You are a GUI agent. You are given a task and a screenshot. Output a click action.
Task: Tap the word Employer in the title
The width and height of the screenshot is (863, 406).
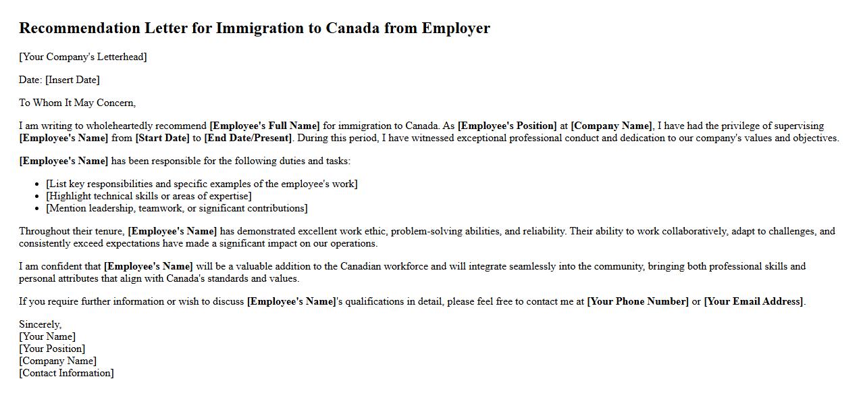pos(456,28)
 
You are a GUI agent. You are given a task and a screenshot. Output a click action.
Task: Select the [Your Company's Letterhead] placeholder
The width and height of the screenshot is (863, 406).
pos(83,57)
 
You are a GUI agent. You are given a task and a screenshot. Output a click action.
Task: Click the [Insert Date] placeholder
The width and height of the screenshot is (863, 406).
pos(72,80)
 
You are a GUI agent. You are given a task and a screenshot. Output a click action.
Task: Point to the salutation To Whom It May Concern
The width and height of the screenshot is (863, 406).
pos(77,103)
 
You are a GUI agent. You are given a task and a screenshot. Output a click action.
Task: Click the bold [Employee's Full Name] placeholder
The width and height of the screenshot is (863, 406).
pos(265,126)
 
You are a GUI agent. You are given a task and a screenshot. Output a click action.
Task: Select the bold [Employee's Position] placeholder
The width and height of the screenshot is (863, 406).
pos(507,126)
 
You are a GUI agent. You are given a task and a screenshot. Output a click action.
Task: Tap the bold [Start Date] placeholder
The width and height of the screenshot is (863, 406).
pos(162,138)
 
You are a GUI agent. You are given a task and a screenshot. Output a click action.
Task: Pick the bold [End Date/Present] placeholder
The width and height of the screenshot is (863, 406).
pos(248,138)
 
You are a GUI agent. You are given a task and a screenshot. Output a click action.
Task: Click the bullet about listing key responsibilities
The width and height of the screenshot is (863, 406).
pos(202,184)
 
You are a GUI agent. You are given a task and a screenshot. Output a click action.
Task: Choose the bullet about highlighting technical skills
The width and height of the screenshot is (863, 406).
pos(149,196)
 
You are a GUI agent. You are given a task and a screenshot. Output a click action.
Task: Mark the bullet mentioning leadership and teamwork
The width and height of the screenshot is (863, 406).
pos(177,208)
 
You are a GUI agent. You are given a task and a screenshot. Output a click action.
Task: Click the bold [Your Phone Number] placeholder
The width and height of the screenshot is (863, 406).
pos(638,301)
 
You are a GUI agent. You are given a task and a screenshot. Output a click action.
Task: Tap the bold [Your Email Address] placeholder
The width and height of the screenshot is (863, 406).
pos(754,301)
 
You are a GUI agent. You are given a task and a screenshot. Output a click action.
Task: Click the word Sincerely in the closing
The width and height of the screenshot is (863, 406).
pos(40,324)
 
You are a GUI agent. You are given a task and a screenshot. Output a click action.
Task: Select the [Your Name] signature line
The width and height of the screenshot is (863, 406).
pos(47,336)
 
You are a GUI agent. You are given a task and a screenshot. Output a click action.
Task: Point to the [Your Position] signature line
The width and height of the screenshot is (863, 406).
pos(52,349)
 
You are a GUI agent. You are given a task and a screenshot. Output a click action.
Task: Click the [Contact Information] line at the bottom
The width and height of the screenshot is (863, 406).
pos(66,373)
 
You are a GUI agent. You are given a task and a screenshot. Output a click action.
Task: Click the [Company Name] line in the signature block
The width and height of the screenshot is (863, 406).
pos(57,361)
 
